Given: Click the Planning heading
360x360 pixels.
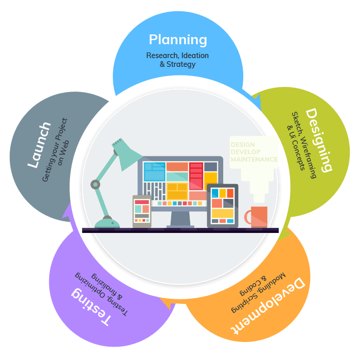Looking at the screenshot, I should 177,40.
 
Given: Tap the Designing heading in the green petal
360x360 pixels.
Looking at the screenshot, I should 319,139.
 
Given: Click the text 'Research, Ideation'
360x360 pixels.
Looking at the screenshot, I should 177,56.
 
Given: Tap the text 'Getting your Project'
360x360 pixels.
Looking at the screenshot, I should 55,150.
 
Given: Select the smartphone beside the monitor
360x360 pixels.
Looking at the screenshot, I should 142,211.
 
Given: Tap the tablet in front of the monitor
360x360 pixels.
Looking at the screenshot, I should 222,206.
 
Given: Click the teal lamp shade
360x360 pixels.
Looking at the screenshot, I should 127,154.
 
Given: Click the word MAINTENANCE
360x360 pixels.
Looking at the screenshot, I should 254,160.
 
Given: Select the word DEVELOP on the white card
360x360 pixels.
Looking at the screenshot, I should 245,152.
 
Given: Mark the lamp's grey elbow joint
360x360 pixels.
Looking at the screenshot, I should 95,184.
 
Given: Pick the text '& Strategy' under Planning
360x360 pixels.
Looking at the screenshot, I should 177,65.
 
